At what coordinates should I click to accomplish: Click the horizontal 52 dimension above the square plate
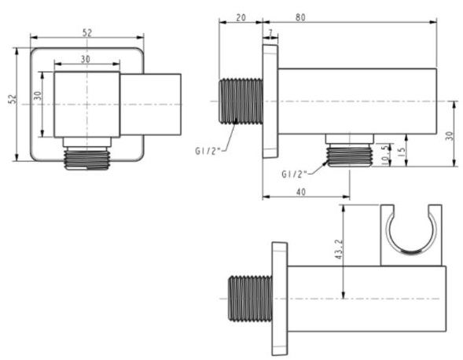click(x=86, y=32)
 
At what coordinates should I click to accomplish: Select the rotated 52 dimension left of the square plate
click(x=13, y=99)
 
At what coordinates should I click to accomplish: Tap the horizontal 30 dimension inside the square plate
click(x=86, y=59)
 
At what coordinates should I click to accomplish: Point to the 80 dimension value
click(x=300, y=17)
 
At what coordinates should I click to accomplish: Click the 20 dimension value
click(x=241, y=17)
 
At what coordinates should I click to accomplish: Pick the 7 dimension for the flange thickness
click(x=270, y=32)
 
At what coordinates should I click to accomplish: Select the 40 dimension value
click(x=301, y=192)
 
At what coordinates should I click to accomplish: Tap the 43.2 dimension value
click(x=339, y=249)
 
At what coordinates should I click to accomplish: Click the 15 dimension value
click(x=402, y=150)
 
